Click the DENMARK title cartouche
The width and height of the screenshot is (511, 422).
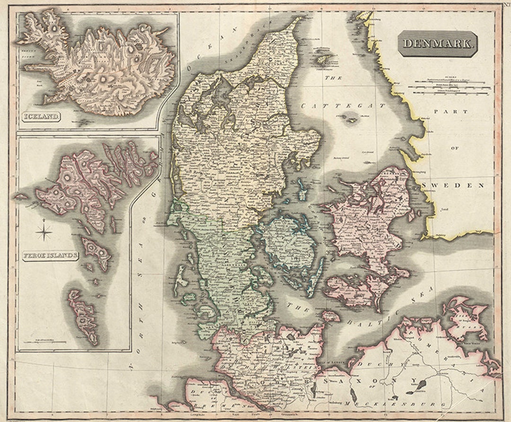tap(438, 44)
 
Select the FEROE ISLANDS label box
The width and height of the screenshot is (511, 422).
tap(51, 256)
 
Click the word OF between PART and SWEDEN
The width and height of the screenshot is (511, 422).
tap(455, 148)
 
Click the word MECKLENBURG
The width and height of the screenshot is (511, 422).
tap(395, 405)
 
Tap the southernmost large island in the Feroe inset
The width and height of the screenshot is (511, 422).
tap(83, 315)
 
